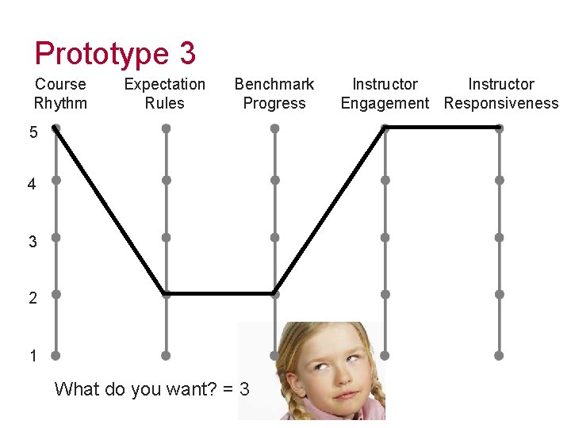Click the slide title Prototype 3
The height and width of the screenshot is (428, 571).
tap(115, 53)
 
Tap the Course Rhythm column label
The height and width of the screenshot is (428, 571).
tap(60, 94)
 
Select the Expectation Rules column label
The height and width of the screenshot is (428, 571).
tap(165, 94)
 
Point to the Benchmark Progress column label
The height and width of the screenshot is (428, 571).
tap(274, 94)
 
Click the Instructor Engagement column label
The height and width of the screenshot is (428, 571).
tap(385, 94)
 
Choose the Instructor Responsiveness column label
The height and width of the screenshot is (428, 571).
tap(501, 94)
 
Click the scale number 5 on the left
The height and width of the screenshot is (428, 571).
tap(33, 133)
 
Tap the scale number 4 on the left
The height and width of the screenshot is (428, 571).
tap(32, 185)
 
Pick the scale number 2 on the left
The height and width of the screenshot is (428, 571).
tap(33, 298)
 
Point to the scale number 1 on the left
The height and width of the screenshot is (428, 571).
tap(33, 357)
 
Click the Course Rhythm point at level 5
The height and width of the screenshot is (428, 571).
tap(56, 128)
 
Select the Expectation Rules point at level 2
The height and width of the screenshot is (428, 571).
tap(166, 293)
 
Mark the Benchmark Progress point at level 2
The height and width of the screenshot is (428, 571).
tap(274, 293)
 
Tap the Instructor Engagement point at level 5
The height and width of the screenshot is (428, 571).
tap(385, 127)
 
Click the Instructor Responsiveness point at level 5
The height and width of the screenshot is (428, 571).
tap(499, 127)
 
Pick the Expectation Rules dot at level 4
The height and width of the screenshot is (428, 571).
tap(166, 180)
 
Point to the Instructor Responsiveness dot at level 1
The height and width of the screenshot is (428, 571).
tap(499, 355)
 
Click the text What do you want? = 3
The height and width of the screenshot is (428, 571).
tap(151, 389)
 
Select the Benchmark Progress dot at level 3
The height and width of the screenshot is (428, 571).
tap(274, 237)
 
